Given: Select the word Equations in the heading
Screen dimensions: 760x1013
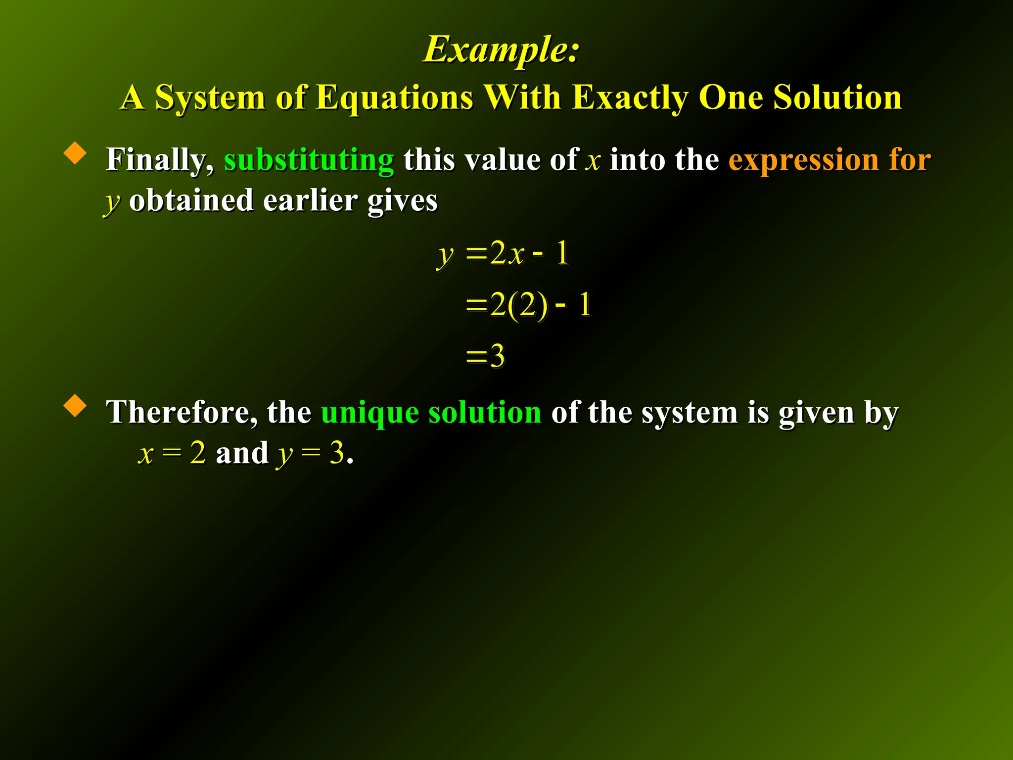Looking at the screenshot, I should (x=394, y=97).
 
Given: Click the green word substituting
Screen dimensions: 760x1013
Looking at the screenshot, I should (x=309, y=160).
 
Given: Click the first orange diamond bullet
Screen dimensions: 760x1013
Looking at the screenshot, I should (x=75, y=153).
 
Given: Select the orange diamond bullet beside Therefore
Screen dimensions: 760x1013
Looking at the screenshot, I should (x=75, y=405).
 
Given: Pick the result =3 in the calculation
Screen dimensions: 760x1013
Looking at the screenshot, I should (x=486, y=356).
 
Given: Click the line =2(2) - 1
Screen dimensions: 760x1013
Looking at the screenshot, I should (x=528, y=304).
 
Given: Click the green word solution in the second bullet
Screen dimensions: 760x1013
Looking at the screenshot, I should (x=485, y=412).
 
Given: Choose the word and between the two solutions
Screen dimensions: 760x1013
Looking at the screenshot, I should (x=242, y=453).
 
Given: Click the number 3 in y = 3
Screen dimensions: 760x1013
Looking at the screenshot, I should (x=337, y=453).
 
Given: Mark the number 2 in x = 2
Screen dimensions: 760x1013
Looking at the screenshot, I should (x=198, y=453).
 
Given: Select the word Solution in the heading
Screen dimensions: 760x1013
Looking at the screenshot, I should (x=837, y=97).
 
